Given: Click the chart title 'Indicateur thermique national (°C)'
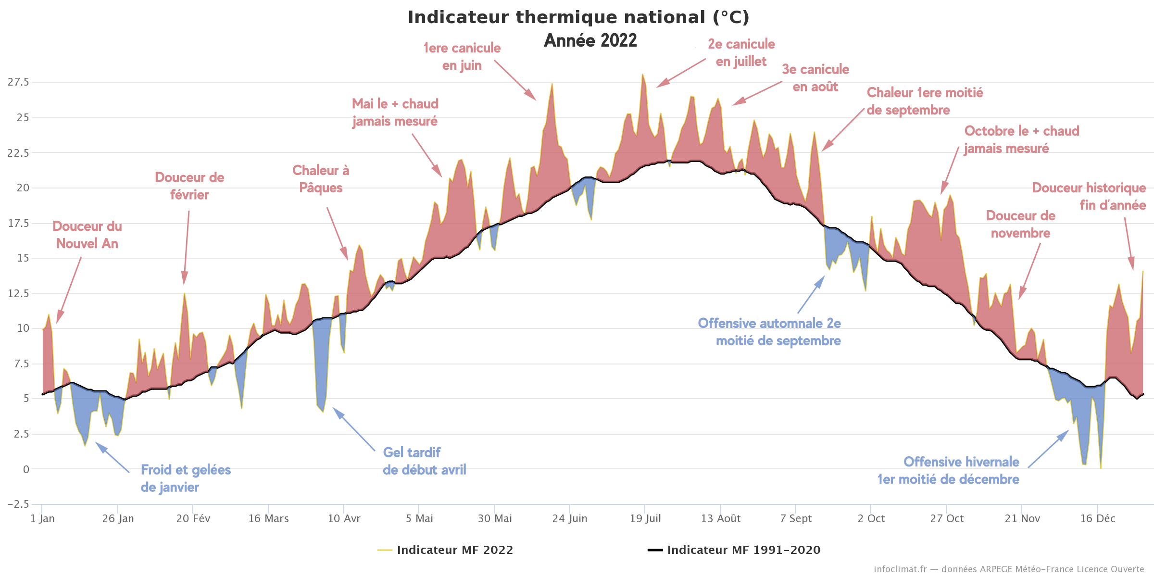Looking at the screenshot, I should coord(578,17).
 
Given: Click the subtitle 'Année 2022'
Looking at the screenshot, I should coord(590,40).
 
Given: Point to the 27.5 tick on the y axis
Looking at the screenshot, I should coord(18,82).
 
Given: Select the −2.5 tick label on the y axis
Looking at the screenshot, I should coord(18,504).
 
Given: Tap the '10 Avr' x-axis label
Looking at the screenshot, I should coord(344,519).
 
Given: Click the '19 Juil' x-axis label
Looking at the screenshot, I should coord(645,519).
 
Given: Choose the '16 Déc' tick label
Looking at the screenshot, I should coord(1098,519).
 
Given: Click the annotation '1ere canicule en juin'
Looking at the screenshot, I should coord(462,57).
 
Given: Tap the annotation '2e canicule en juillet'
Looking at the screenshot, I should coord(741,53).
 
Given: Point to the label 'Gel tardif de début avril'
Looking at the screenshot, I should coord(424,461).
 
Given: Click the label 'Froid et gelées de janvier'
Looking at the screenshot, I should coord(186,478).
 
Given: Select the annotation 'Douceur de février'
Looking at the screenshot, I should coord(189,186).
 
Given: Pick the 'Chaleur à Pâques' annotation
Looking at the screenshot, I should coord(321,179).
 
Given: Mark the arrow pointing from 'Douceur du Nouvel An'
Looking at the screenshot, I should coord(69,290).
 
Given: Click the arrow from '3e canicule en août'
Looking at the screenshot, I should coord(757,93).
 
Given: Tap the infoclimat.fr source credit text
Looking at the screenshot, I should coord(1008,569).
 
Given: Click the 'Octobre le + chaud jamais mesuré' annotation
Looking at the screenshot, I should coord(1021,139).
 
